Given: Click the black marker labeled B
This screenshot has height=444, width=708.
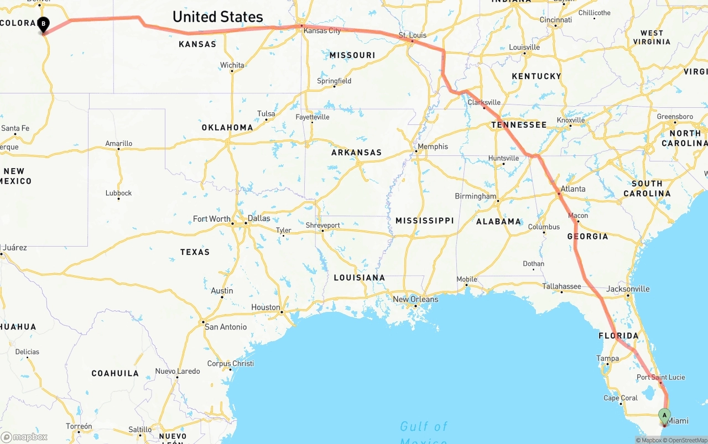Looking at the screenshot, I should tap(43, 24).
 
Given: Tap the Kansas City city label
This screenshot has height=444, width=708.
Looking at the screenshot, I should tap(322, 30).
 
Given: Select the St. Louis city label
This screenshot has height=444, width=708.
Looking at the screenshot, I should tap(413, 35).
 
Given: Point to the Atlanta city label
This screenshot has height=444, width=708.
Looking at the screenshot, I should tap(572, 189).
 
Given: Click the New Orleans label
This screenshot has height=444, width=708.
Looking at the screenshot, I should tap(415, 299).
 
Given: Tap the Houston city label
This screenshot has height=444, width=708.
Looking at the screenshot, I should tap(265, 307).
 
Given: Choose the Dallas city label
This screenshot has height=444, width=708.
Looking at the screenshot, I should tap(259, 218).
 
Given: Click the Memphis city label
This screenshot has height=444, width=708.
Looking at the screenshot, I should tap(433, 147).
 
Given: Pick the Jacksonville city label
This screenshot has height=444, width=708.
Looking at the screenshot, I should tap(628, 289).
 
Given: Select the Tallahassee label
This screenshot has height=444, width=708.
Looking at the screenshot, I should tap(561, 286).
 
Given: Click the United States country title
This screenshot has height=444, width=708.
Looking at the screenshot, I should tap(217, 17).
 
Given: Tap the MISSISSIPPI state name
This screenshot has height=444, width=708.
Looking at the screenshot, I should tap(424, 221).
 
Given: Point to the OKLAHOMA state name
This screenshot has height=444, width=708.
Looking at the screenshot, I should tap(227, 127).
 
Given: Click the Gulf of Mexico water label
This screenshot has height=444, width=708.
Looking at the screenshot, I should tap(423, 427).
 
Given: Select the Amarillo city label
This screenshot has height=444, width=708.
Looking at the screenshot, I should tap(119, 144).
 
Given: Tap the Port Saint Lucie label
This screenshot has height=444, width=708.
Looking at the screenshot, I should tap(660, 377).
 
